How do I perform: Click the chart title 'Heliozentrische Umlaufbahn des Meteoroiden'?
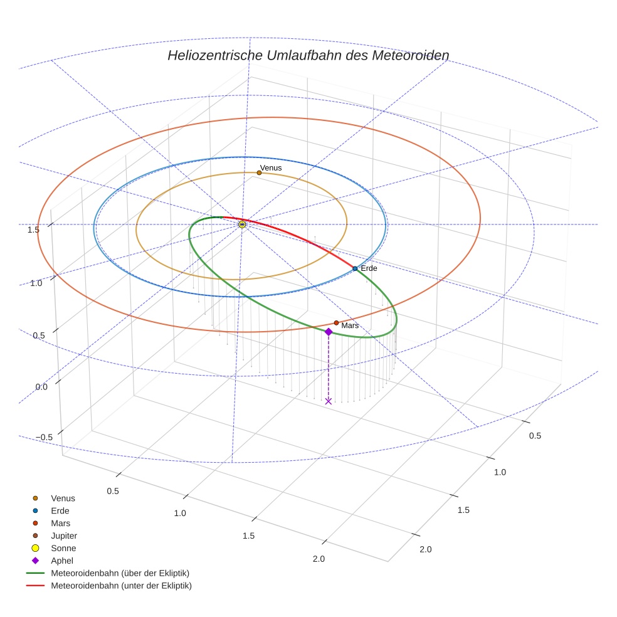308,55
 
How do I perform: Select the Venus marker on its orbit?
259,172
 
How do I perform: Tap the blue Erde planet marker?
355,268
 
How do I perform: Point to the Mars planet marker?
336,323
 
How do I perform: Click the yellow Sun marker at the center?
243,224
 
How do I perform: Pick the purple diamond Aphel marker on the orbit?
329,332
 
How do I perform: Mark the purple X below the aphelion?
329,401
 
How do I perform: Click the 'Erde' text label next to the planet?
369,268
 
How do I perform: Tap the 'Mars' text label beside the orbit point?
350,326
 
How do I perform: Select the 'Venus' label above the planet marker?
271,167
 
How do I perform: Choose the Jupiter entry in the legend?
63,535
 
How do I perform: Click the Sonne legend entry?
63,548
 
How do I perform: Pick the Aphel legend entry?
62,561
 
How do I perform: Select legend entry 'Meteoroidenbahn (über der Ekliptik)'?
120,573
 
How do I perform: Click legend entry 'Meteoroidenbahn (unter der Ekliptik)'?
121,586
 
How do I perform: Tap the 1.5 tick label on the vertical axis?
34,229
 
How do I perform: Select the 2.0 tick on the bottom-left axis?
319,559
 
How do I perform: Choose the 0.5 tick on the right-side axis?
535,436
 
